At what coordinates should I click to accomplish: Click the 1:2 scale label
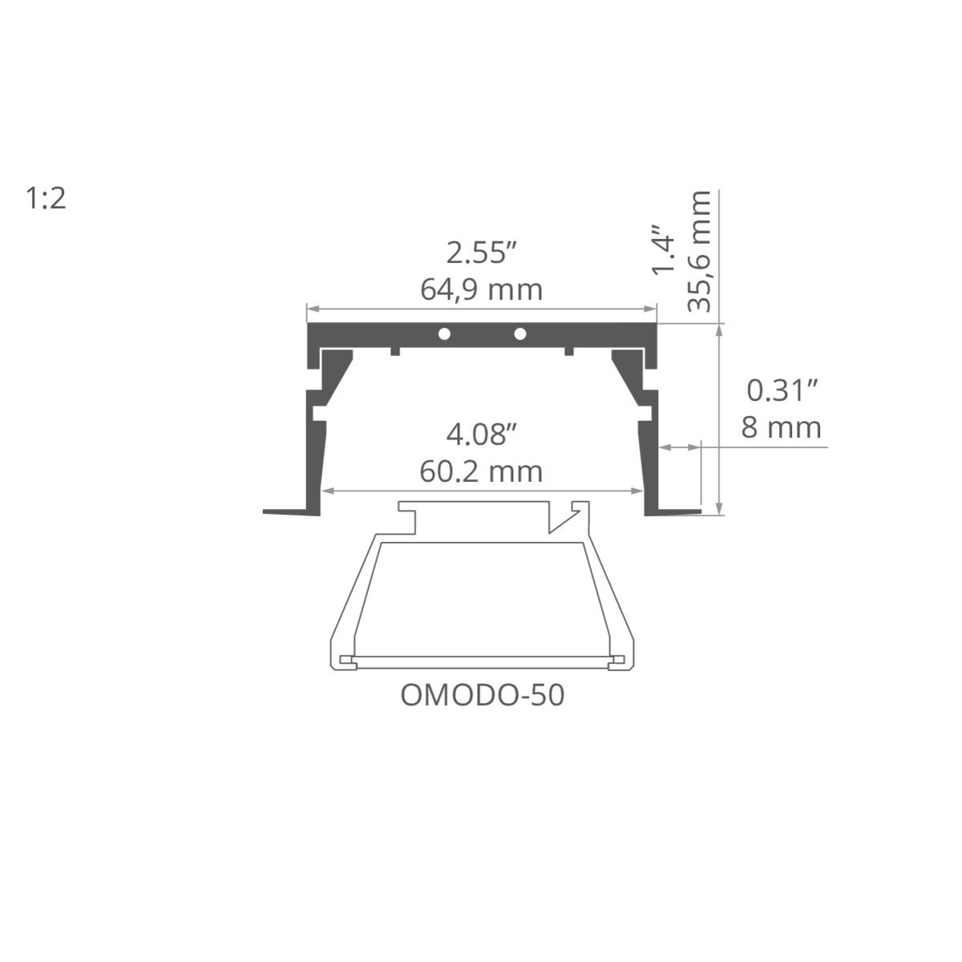coord(46,198)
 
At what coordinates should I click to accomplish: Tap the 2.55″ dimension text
coord(481,253)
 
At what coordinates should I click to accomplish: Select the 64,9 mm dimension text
coord(481,290)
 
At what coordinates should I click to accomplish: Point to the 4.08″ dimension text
coord(481,435)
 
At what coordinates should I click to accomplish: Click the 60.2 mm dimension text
coord(481,471)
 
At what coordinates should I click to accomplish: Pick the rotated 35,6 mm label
coord(699,251)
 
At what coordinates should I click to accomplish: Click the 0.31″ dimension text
coord(782,390)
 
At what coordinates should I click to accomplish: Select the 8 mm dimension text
coord(782,428)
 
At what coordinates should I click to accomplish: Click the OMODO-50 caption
coord(483,695)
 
